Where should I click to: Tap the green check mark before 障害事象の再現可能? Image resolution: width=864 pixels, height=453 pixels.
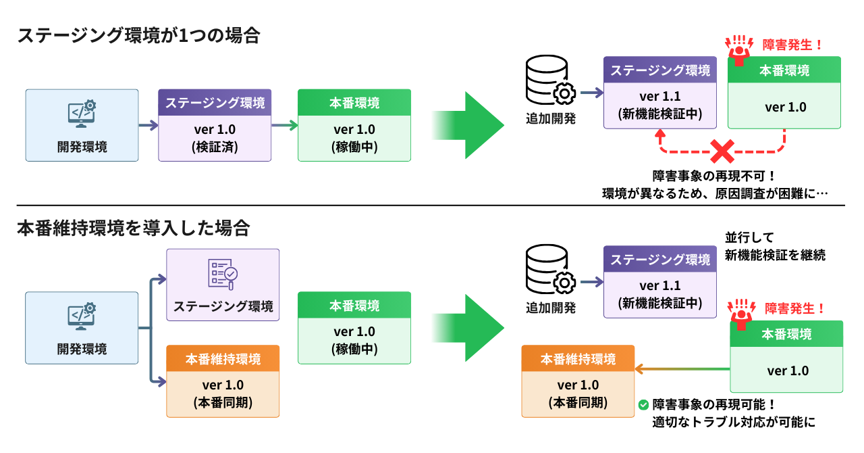click(643, 405)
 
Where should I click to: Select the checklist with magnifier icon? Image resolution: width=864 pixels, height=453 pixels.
click(223, 273)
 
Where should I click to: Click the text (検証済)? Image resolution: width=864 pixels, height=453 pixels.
click(215, 146)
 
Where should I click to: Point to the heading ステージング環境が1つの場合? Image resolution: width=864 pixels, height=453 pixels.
click(138, 35)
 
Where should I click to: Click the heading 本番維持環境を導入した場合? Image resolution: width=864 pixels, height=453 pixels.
click(134, 228)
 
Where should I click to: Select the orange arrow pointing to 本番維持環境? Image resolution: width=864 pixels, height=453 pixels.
click(682, 369)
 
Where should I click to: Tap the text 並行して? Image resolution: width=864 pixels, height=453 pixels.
click(749, 237)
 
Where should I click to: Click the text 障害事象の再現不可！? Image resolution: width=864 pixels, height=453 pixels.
click(714, 174)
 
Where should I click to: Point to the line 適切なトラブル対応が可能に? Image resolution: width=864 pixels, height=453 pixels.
click(734, 423)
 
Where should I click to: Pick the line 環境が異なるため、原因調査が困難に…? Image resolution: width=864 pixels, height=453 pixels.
click(714, 193)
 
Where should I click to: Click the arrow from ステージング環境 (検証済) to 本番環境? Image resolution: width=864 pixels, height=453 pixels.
click(284, 125)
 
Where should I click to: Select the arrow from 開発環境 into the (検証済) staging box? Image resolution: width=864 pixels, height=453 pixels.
click(148, 125)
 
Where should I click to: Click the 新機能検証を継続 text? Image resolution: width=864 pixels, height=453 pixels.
click(775, 256)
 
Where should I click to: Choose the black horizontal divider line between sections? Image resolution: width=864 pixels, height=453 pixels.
click(432, 206)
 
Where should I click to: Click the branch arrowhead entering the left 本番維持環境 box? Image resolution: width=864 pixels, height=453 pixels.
click(161, 381)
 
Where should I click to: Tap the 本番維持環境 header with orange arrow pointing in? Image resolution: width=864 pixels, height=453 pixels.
click(578, 359)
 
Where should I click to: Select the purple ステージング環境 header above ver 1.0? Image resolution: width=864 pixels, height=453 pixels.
click(215, 103)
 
